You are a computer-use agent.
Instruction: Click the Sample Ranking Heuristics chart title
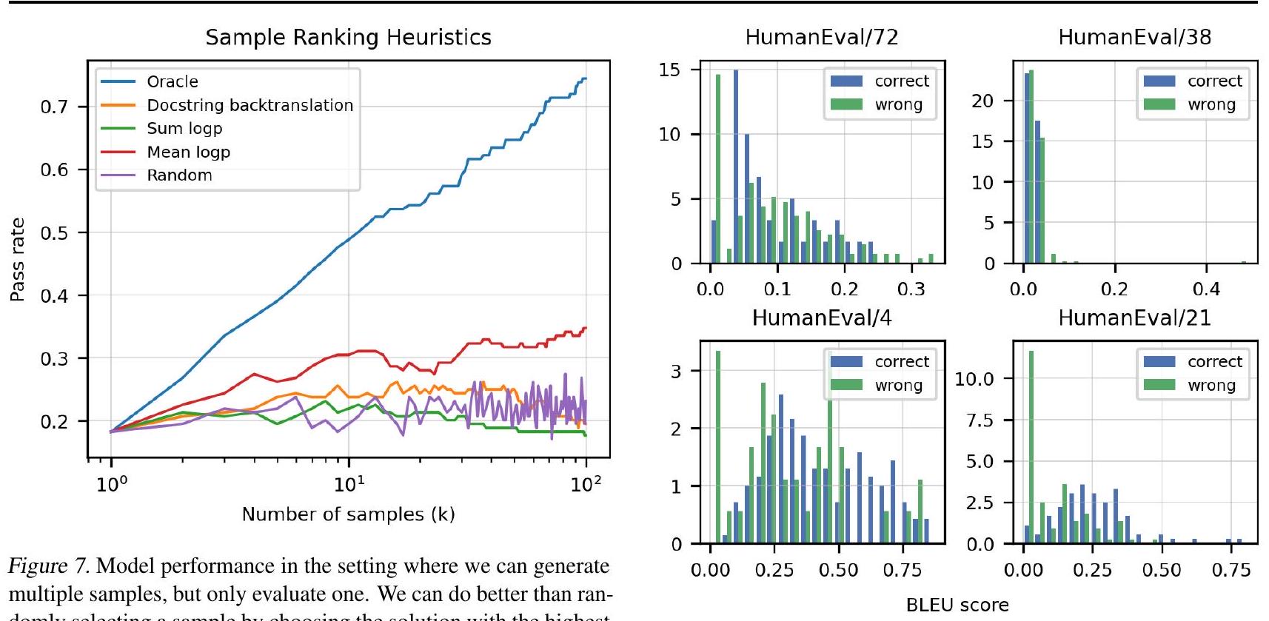(x=348, y=38)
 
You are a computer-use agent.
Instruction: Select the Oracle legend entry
(x=172, y=81)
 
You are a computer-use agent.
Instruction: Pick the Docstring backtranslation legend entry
(x=250, y=105)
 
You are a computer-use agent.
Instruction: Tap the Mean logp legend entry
(x=188, y=152)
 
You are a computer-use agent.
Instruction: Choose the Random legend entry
(x=179, y=175)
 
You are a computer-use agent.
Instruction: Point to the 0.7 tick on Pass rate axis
(x=54, y=107)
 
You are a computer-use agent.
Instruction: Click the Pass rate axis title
(x=17, y=260)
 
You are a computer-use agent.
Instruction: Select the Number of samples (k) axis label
(x=348, y=514)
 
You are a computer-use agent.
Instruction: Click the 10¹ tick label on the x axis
(x=349, y=485)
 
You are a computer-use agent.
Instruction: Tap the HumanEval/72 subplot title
(x=821, y=38)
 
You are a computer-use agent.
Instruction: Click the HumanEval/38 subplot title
(x=1134, y=38)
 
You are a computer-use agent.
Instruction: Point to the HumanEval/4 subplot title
(x=821, y=318)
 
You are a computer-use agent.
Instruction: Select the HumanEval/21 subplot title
(x=1134, y=318)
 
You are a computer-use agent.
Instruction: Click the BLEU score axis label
(x=957, y=605)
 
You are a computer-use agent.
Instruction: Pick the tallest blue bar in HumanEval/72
(x=736, y=167)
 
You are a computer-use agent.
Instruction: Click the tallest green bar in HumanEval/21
(x=1031, y=447)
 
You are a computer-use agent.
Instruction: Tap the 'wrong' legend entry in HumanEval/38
(x=1211, y=105)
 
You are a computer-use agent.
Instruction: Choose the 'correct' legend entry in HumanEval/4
(x=901, y=362)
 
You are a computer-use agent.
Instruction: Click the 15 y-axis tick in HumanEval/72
(x=669, y=70)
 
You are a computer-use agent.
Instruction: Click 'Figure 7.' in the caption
(x=49, y=567)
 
